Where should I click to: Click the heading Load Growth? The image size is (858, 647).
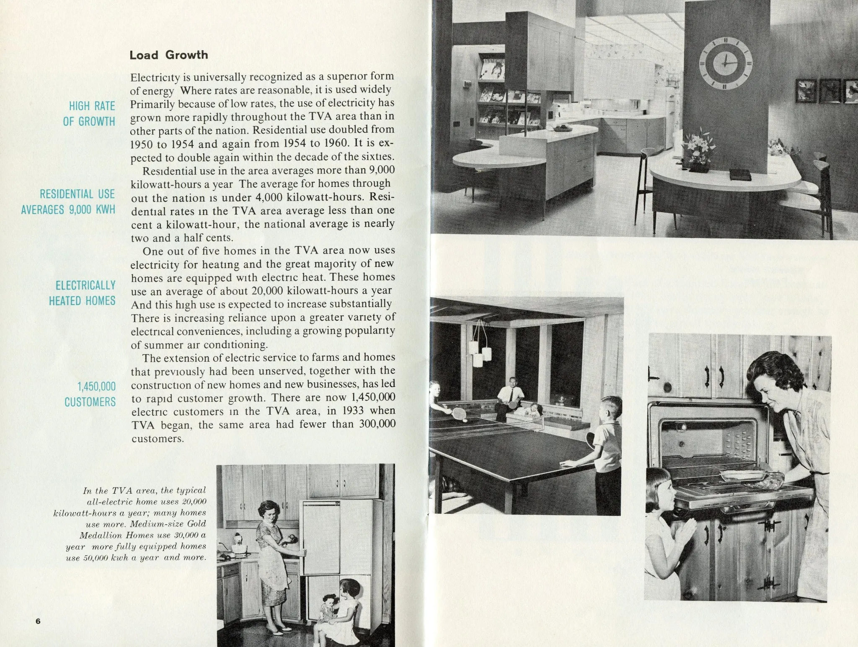[168, 55]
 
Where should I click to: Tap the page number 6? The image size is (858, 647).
[38, 621]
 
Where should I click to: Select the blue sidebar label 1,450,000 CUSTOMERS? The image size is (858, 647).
[90, 394]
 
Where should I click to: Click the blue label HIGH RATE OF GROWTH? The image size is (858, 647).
[89, 114]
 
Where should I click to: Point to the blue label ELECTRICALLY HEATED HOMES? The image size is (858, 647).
[82, 293]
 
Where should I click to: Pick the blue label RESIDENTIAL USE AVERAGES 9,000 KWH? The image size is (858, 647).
[68, 202]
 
